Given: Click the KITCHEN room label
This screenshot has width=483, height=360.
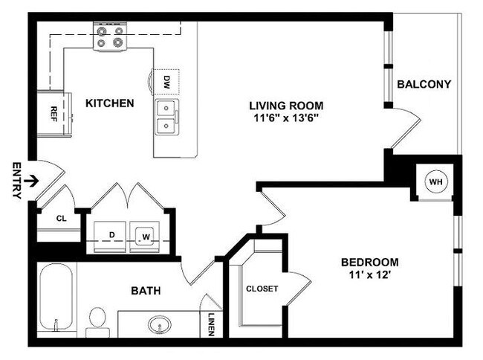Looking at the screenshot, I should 109,103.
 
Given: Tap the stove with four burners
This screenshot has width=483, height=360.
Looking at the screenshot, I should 109,36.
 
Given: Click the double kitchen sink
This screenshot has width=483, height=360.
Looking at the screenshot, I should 166,118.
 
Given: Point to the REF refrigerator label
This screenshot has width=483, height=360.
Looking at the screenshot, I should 54,114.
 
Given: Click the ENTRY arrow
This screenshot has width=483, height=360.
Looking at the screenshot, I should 30,180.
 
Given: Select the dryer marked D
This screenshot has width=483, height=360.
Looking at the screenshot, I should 112,234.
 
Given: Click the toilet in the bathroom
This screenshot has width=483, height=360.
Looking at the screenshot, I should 97,319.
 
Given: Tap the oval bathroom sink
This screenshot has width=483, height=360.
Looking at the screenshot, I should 158,325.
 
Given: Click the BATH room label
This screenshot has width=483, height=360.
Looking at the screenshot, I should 146,291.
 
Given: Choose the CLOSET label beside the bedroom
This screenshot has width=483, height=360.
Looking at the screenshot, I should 262,289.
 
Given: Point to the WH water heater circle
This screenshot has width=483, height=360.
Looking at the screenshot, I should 435,181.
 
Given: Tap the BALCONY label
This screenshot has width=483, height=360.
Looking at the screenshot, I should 424,84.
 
